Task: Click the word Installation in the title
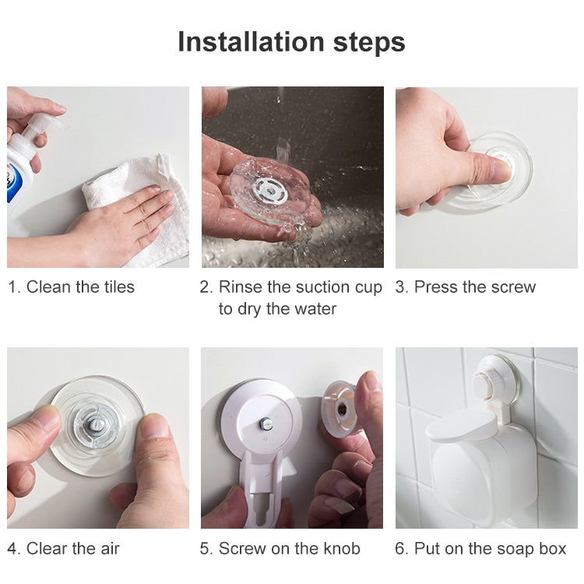pyautogui.click(x=247, y=41)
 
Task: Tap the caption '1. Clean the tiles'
pyautogui.click(x=71, y=287)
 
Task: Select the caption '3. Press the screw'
pyautogui.click(x=466, y=287)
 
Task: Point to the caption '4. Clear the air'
pyautogui.click(x=64, y=548)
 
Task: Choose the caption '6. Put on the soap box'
pyautogui.click(x=480, y=548)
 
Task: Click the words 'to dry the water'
pyautogui.click(x=277, y=308)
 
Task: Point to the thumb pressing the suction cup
pyautogui.click(x=487, y=168)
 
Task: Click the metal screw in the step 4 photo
pyautogui.click(x=97, y=424)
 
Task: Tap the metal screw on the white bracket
pyautogui.click(x=266, y=423)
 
